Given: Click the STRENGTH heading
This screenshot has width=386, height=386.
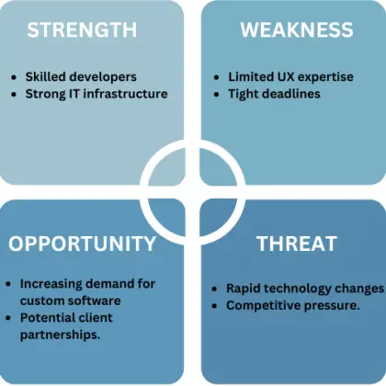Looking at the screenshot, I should click(82, 29).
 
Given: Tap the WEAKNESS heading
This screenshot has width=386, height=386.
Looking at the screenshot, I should click(296, 29).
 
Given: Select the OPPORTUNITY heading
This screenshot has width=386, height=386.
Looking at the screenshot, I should click(83, 244).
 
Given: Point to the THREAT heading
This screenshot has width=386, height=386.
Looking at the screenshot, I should click(297, 244).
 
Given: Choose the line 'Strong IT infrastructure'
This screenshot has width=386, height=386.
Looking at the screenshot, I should click(96, 93).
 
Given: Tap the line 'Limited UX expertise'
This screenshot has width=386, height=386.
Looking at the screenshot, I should click(290, 76).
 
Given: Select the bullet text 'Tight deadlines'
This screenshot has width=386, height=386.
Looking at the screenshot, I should click(274, 93).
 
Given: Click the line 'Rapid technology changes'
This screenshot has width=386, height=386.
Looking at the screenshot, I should click(303, 288).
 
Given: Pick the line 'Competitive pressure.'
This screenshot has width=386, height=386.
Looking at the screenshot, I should click(292, 304).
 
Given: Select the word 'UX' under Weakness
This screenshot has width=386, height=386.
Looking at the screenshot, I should click(281, 76).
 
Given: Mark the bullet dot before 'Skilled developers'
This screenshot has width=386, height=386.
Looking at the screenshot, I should click(14, 77).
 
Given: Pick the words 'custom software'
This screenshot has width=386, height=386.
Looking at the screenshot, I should click(70, 300).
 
